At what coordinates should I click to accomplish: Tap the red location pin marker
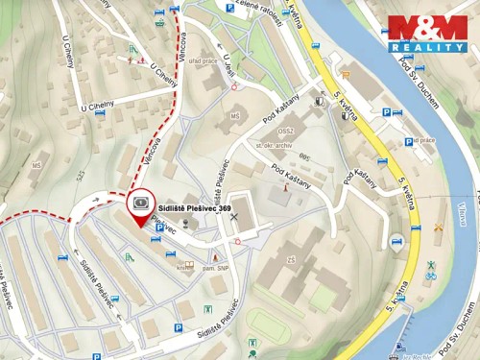click(141, 209)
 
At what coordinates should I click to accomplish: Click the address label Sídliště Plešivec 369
click(194, 206)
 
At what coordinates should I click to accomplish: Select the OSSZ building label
click(284, 130)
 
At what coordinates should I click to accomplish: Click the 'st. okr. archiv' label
click(274, 144)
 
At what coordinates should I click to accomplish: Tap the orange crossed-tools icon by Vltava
click(439, 228)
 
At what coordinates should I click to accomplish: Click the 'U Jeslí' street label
click(228, 69)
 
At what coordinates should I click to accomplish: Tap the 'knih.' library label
click(184, 268)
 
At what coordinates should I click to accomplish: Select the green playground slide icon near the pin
click(130, 257)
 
